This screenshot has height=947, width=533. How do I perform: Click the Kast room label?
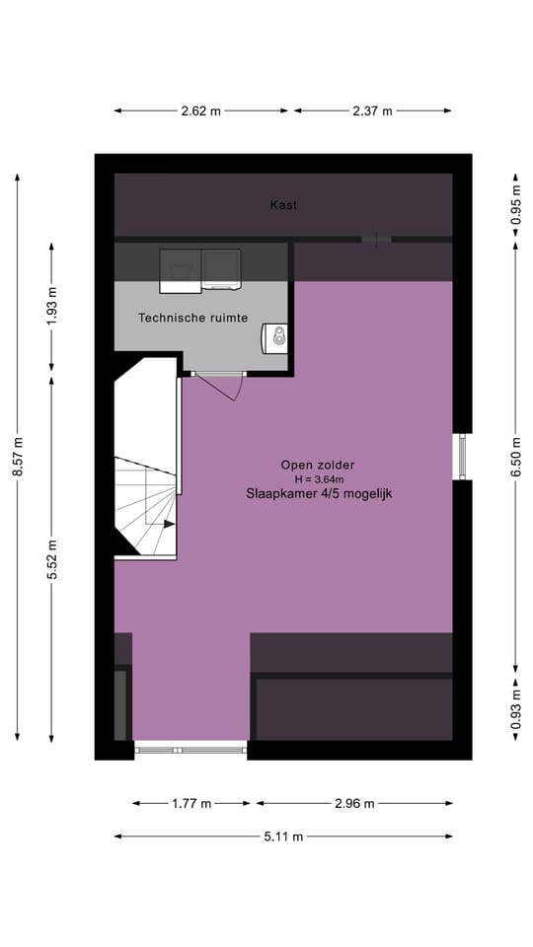[283, 205]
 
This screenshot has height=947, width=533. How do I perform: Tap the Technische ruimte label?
[193, 318]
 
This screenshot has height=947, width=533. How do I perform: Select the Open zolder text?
[317, 465]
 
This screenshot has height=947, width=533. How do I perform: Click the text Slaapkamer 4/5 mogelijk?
[320, 493]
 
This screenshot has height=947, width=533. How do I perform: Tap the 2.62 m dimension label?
[201, 111]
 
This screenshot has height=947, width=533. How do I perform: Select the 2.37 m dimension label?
[372, 111]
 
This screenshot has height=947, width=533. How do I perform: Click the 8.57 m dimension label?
[18, 456]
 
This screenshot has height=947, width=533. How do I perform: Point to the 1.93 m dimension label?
[51, 306]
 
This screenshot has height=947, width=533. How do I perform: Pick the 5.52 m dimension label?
[51, 559]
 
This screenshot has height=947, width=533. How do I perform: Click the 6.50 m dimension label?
[515, 457]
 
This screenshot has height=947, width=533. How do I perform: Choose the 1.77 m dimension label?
[190, 803]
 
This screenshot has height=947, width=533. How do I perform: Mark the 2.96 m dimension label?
[354, 803]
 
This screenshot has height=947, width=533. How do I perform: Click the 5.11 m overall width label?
[283, 837]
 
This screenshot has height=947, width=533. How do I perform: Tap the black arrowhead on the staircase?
[169, 524]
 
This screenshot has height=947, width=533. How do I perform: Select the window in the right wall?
[462, 457]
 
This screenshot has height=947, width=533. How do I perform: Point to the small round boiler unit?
[278, 336]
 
